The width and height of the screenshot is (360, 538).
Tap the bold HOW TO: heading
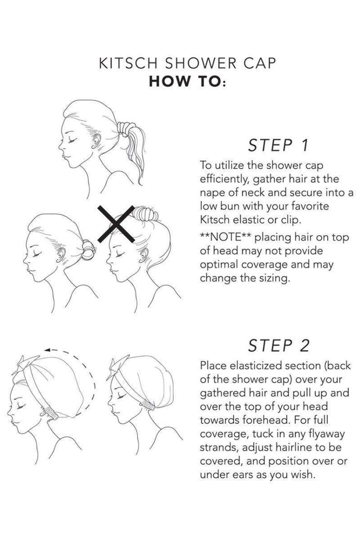(188, 82)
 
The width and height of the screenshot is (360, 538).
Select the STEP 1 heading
(278, 145)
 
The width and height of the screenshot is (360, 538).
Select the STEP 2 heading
(278, 345)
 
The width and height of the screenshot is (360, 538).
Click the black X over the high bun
(116, 224)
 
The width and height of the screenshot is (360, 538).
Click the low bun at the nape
(88, 250)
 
